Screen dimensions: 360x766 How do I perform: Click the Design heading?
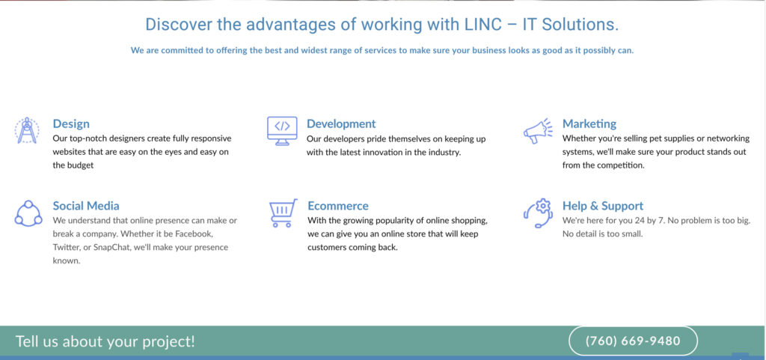[x=71, y=123]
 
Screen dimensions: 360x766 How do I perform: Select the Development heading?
[x=341, y=123]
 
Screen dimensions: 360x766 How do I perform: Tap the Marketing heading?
[x=589, y=123]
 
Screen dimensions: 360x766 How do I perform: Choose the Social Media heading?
[x=86, y=206]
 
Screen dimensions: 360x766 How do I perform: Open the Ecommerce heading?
[x=338, y=206]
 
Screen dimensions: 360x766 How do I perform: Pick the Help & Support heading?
[x=603, y=206]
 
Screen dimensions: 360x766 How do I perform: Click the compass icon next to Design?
[x=28, y=130]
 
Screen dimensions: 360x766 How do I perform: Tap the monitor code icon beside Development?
[x=282, y=130]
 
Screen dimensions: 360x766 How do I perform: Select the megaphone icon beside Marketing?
[x=537, y=131]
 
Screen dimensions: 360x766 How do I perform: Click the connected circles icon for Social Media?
[x=28, y=213]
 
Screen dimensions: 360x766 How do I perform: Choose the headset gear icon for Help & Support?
[x=537, y=213]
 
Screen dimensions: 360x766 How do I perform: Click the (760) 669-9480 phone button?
[x=633, y=341]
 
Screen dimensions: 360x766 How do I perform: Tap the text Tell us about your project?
[x=105, y=341]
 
